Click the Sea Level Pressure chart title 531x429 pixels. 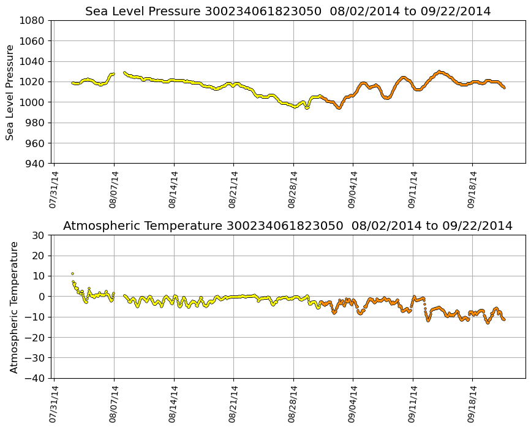288,11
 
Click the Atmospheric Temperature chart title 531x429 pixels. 288,226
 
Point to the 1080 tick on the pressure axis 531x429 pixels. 34,20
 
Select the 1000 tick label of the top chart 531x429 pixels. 34,102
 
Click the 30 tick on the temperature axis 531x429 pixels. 39,235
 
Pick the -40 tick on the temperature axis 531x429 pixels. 35,378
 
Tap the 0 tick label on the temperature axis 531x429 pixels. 41,297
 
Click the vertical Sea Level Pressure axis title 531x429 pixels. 10,92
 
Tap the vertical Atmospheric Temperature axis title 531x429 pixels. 14,306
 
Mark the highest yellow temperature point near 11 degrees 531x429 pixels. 72,273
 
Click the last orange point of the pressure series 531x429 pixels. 504,88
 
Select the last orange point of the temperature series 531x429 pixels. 504,319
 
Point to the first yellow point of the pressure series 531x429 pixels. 72,83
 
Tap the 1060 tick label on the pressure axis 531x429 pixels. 34,41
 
